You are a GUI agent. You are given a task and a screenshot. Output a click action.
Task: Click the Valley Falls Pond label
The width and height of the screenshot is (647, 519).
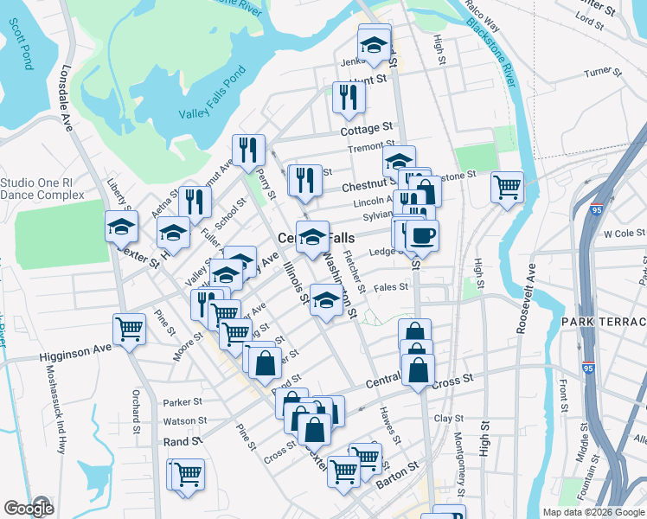pyautogui.click(x=212, y=102)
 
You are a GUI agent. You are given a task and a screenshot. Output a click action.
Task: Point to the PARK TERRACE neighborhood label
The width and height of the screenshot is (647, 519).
pyautogui.click(x=603, y=322)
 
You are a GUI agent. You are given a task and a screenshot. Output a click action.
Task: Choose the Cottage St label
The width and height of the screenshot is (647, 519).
pyautogui.click(x=366, y=129)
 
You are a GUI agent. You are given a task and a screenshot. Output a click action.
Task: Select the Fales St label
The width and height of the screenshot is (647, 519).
pyautogui.click(x=391, y=287)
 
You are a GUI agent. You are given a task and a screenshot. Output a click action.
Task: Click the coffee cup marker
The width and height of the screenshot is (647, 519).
pyautogui.click(x=422, y=235)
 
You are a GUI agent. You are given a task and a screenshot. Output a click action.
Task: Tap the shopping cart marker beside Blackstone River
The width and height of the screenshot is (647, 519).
pyautogui.click(x=507, y=186)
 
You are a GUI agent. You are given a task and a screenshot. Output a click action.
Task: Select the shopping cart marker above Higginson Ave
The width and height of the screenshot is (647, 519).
pyautogui.click(x=129, y=329)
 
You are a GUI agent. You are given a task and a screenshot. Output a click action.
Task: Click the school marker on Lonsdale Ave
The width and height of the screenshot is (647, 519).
pyautogui.click(x=121, y=227)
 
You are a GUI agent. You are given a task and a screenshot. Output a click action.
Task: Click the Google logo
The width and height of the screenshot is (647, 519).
pyautogui.click(x=29, y=508)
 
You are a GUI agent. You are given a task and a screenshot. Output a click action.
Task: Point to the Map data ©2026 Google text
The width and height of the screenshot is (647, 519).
pyautogui.click(x=593, y=512)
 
